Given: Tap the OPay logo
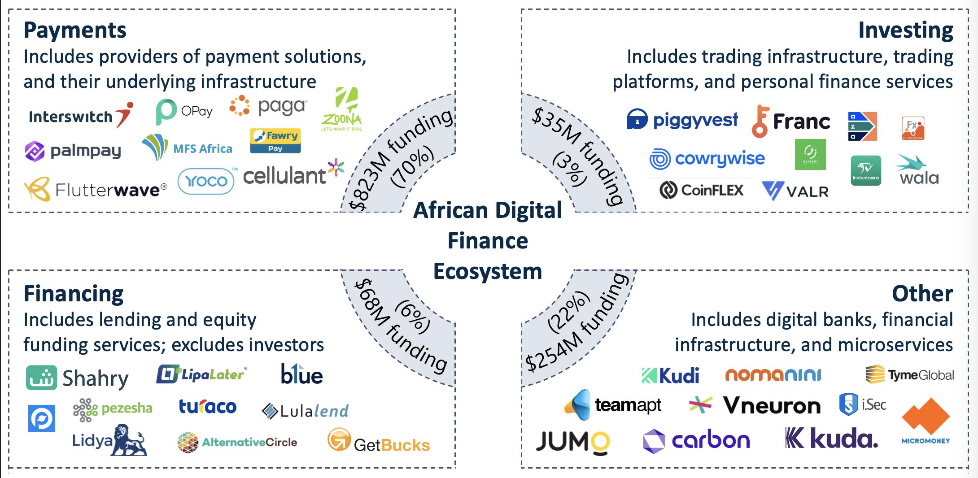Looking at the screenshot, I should pos(184,111).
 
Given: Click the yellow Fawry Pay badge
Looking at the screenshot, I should pos(275,140).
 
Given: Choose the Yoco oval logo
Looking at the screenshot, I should pos(206,181).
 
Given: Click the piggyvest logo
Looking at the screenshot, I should pos(682,120).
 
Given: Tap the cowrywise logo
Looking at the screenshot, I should pos(707,159).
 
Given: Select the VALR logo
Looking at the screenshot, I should pos(795,191).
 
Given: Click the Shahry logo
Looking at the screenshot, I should pos(77,378).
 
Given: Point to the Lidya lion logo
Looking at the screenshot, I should pos(110,440).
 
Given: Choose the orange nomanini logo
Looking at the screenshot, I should pos(773,375).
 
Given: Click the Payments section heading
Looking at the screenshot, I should pos(75,30).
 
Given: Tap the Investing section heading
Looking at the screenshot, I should pos(905,30).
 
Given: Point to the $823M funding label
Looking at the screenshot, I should pos(399,157).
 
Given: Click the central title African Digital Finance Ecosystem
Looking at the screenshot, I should pos(488,240).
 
